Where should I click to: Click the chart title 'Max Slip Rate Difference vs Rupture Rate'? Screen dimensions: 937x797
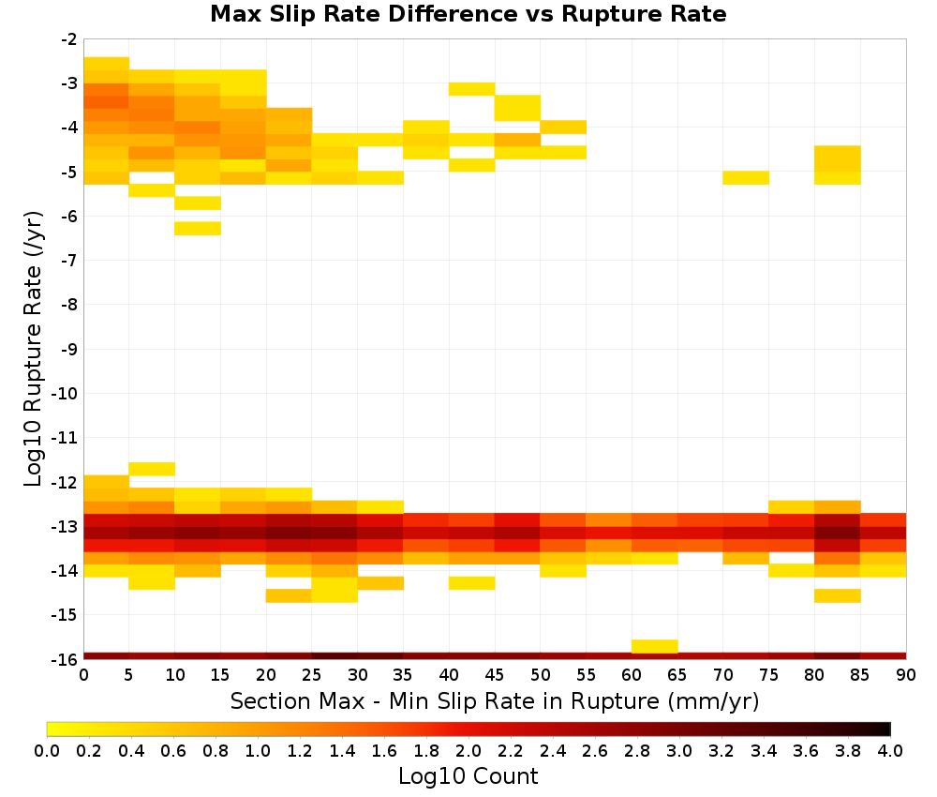468,14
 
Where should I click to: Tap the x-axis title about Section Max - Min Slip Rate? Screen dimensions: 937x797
495,700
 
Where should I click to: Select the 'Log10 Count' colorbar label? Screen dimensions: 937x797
468,776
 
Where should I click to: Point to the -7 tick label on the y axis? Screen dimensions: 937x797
69,260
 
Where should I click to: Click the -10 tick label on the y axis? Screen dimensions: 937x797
65,394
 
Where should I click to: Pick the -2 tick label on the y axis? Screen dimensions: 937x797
69,39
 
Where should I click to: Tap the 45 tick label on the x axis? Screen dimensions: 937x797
495,675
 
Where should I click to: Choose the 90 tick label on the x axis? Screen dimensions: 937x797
906,675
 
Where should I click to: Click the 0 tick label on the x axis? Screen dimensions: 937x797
83,675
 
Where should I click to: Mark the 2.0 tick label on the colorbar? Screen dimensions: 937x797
468,750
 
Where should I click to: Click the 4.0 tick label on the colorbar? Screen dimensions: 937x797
890,750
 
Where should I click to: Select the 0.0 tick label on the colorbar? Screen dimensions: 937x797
47,750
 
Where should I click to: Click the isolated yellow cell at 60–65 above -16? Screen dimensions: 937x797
654,646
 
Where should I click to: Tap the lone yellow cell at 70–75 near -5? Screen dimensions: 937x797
746,177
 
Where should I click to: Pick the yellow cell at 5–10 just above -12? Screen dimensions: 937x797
152,469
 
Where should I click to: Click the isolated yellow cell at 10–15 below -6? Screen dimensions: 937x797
198,229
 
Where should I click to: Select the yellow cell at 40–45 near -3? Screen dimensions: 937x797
472,89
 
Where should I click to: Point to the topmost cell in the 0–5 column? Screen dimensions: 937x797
107,64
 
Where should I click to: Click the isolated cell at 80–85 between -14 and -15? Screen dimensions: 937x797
837,595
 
